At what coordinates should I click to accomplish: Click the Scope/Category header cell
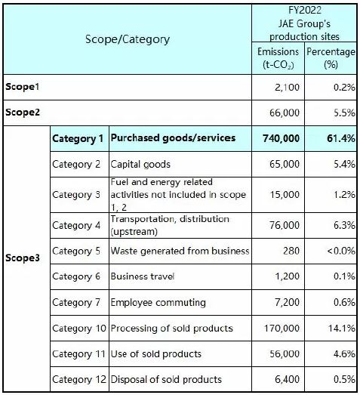[128, 39]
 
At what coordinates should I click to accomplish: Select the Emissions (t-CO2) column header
[278, 58]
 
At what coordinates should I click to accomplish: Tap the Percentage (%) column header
[331, 58]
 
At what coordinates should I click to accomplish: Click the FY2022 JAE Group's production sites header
[304, 23]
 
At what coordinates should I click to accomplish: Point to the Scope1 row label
[23, 87]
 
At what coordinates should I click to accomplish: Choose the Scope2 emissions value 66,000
[285, 113]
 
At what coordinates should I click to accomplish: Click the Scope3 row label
[23, 258]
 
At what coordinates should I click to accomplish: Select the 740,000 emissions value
[282, 138]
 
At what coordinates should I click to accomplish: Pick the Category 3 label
[76, 195]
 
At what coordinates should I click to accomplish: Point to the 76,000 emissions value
[285, 225]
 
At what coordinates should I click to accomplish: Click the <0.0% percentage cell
[331, 251]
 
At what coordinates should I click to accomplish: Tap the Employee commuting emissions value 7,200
[288, 302]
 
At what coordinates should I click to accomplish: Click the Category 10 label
[79, 329]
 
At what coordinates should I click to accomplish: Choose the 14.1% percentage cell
[331, 329]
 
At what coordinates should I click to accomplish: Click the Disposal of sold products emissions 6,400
[288, 379]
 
